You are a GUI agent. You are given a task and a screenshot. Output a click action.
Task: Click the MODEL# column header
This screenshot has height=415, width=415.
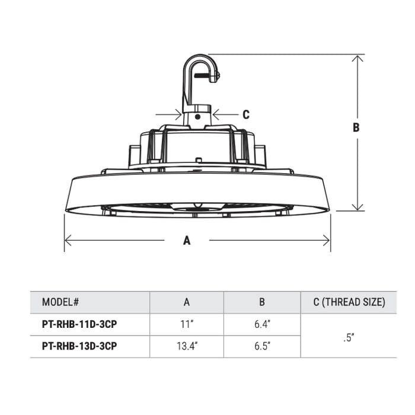60,302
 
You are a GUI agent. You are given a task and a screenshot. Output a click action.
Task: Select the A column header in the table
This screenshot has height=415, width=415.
187,302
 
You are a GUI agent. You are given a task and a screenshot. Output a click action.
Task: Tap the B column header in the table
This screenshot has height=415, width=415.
262,302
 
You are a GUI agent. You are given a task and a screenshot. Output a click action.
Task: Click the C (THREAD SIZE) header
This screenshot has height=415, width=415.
349,302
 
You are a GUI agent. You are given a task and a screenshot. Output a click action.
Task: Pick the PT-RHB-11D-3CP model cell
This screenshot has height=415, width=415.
79,324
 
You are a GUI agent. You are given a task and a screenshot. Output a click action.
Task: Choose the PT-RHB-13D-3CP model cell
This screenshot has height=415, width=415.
79,346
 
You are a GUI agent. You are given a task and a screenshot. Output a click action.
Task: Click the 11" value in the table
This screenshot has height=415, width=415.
187,324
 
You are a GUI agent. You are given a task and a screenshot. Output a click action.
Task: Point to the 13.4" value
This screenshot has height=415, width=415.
187,346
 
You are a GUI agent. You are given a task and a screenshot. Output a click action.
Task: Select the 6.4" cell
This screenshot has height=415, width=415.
262,324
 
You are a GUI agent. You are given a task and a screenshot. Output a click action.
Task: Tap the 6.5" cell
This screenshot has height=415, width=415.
262,346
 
